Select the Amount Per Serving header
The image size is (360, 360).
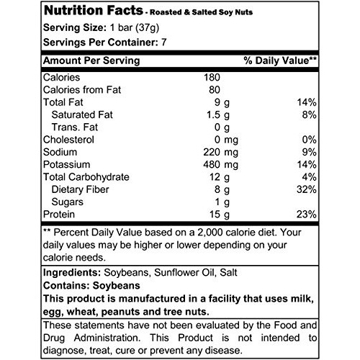tap(91, 60)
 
